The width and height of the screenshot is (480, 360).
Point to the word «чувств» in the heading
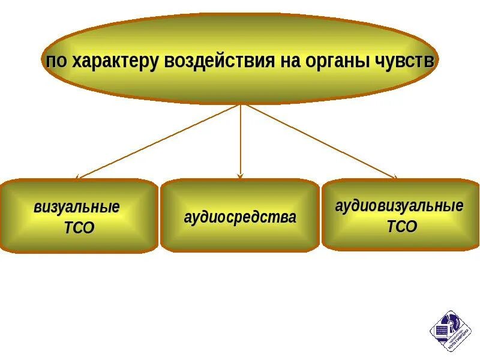click(404, 61)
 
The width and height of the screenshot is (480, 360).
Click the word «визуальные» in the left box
click(77, 208)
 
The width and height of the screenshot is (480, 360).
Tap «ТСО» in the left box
click(79, 228)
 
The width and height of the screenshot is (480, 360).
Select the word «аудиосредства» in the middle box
click(240, 217)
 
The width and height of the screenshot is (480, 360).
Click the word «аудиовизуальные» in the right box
click(399, 206)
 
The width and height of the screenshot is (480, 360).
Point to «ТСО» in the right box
click(401, 226)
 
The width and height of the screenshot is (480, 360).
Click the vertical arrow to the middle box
click(241, 141)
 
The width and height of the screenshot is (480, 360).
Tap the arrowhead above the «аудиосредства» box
click(241, 176)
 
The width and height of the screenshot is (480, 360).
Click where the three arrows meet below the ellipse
click(241, 104)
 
